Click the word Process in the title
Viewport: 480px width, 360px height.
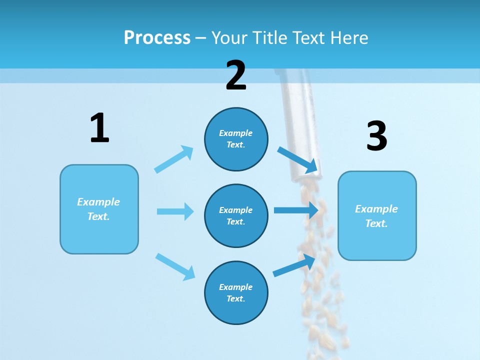157,37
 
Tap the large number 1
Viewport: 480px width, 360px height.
99,128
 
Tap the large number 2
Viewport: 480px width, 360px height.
236,75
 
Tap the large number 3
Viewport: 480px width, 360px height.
376,136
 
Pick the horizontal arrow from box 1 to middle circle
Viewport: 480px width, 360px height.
175,211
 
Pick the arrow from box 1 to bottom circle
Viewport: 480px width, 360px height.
175,266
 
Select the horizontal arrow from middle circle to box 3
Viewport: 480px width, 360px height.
296,210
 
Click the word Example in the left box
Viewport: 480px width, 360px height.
98,202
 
